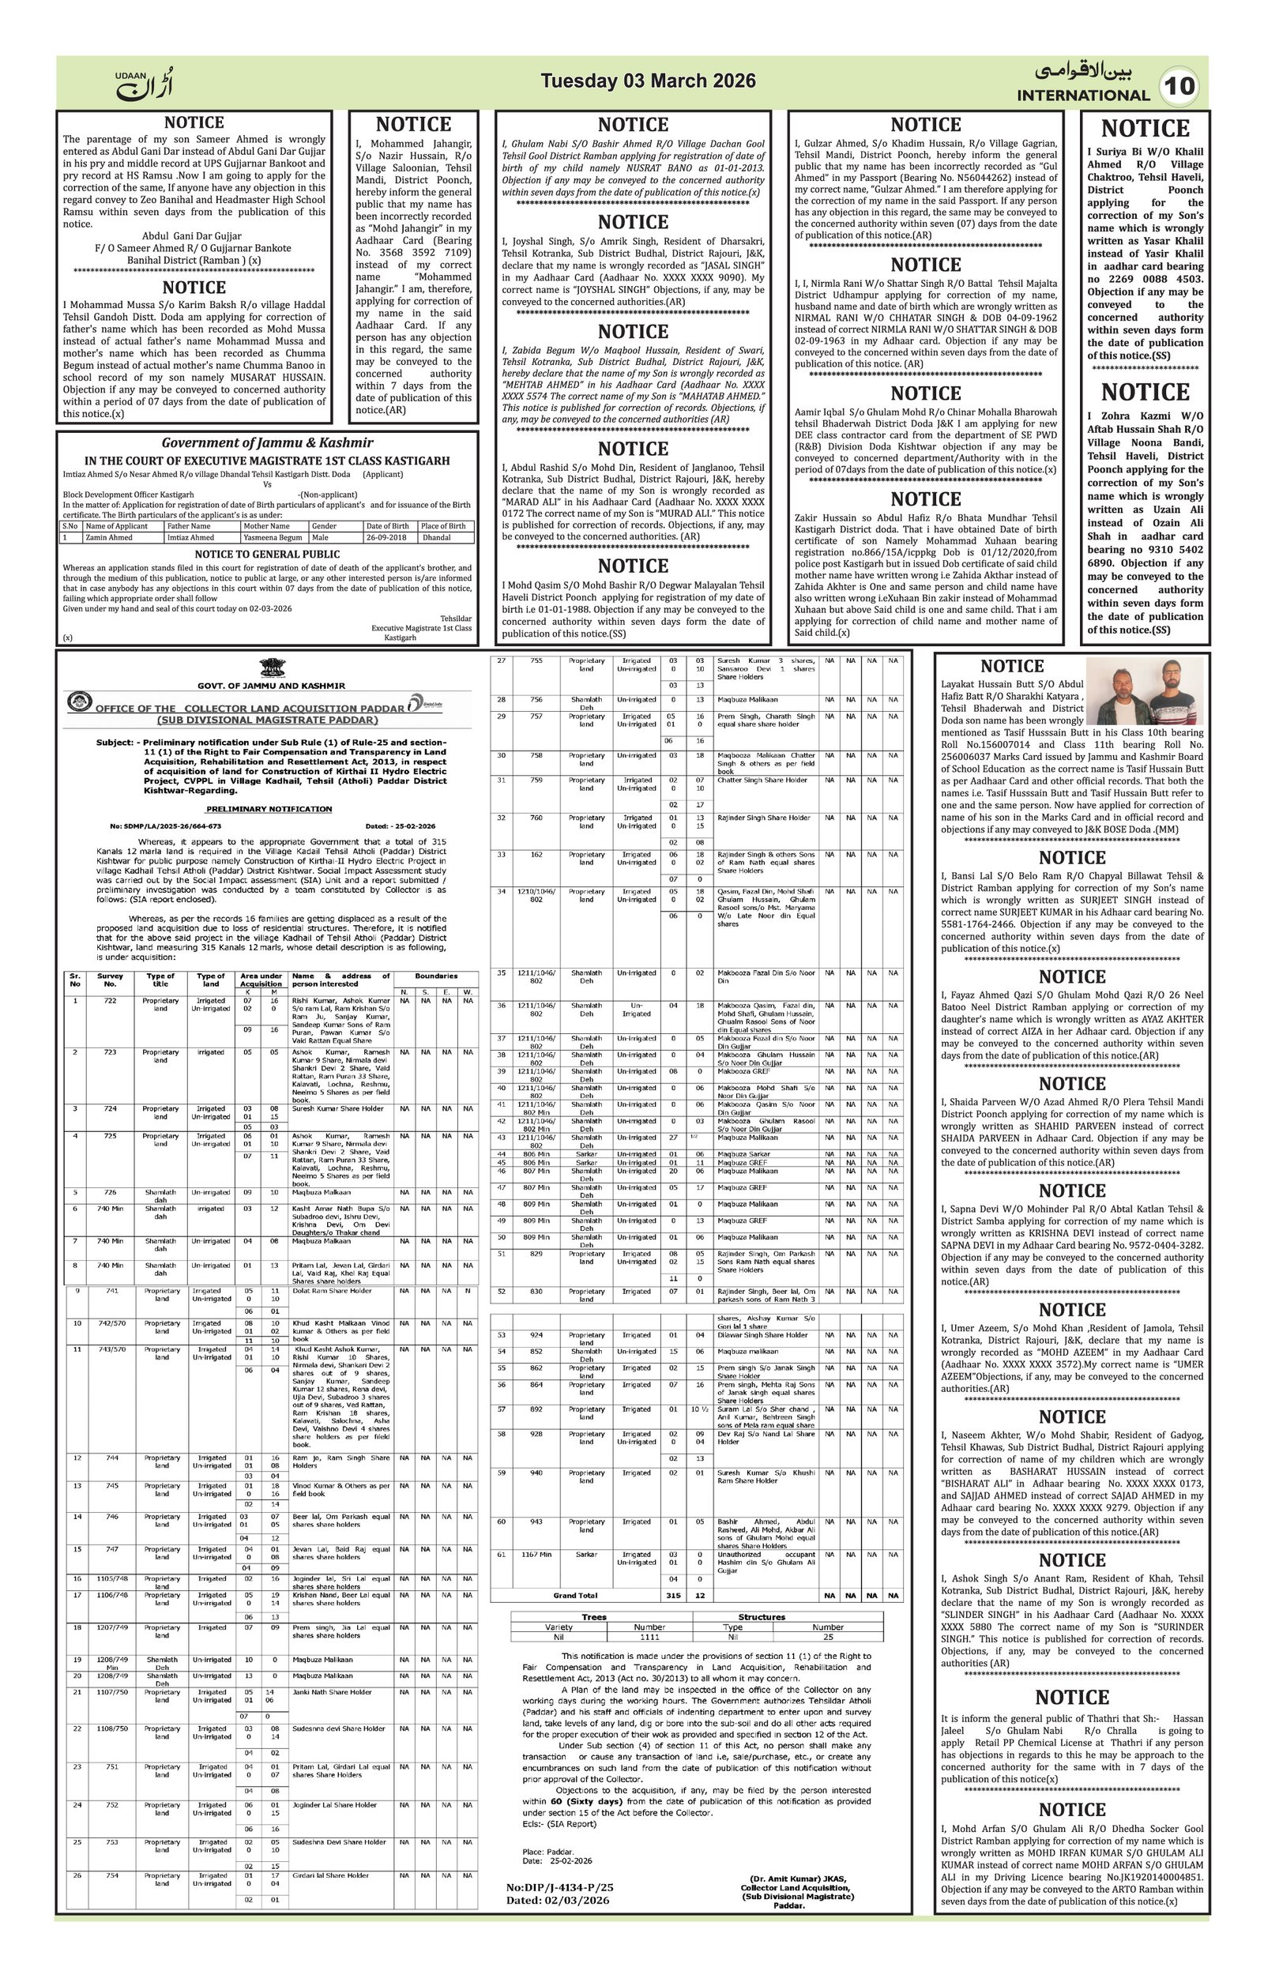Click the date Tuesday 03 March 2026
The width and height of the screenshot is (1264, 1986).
coord(647,81)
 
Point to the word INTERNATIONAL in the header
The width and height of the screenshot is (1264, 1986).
coord(1082,96)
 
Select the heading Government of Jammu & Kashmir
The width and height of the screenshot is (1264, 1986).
coord(267,443)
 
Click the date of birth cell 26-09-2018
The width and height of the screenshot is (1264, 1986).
coord(388,537)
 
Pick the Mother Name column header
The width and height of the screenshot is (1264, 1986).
coord(266,526)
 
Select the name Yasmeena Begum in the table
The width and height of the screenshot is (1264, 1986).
coord(273,537)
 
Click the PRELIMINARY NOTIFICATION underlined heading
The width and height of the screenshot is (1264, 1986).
coord(269,809)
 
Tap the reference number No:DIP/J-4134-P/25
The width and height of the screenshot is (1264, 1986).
coord(560,1886)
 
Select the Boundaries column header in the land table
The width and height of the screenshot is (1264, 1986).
coord(435,976)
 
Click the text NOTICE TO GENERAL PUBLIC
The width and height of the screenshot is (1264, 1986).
coord(267,555)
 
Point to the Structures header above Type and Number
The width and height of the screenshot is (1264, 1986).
coord(761,1616)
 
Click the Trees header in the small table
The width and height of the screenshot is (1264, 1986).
coord(593,1616)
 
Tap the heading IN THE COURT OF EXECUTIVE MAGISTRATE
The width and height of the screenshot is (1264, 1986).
coord(267,461)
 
